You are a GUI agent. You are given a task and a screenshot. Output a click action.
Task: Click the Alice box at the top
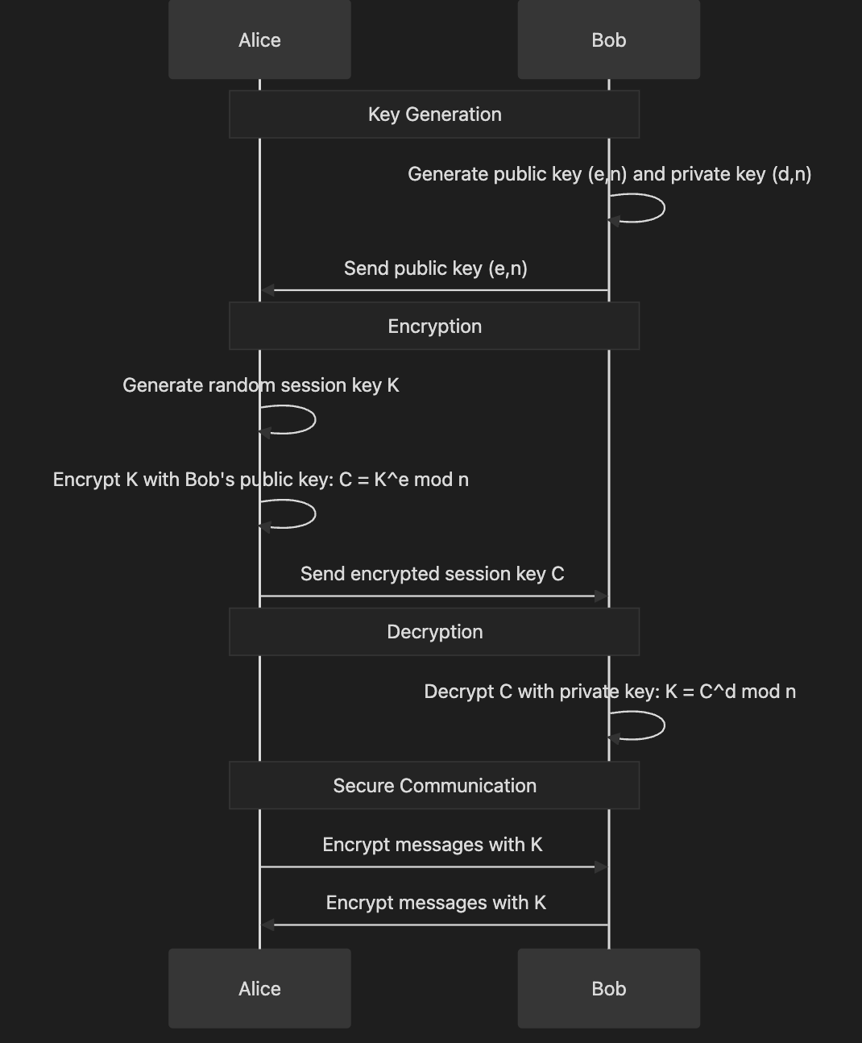click(x=259, y=39)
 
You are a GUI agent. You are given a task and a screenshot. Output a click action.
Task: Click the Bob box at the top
click(x=608, y=39)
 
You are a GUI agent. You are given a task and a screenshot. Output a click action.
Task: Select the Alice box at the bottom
click(x=259, y=988)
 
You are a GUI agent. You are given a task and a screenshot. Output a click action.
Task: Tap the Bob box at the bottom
click(x=608, y=988)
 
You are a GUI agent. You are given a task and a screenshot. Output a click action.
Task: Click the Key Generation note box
click(x=434, y=114)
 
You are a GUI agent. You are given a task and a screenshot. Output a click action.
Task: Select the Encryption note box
click(x=434, y=326)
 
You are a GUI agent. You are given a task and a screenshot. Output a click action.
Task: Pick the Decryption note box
click(x=434, y=632)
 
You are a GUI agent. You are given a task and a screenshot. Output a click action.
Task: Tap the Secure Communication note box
click(x=434, y=786)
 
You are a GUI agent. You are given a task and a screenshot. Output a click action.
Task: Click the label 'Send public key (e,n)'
click(x=435, y=268)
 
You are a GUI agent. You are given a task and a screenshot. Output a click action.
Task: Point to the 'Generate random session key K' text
click(x=260, y=385)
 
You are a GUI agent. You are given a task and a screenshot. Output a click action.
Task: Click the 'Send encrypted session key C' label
click(x=432, y=574)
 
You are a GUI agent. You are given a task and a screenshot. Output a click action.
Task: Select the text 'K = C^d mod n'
click(x=730, y=692)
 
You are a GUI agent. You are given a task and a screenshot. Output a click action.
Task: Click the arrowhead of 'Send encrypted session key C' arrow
click(x=600, y=596)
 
